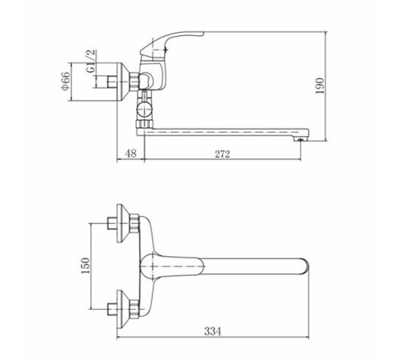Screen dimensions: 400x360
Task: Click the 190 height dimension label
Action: (320, 86)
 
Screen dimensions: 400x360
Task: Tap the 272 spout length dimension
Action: (222, 154)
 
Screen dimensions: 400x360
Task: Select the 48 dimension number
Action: (130, 154)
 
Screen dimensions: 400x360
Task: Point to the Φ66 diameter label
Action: (66, 81)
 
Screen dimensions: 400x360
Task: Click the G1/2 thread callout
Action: (90, 61)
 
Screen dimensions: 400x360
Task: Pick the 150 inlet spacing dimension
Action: (85, 266)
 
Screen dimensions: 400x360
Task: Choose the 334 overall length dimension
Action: (213, 331)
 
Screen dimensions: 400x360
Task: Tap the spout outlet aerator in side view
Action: (300, 139)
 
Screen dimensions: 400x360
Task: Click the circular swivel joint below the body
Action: (144, 110)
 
